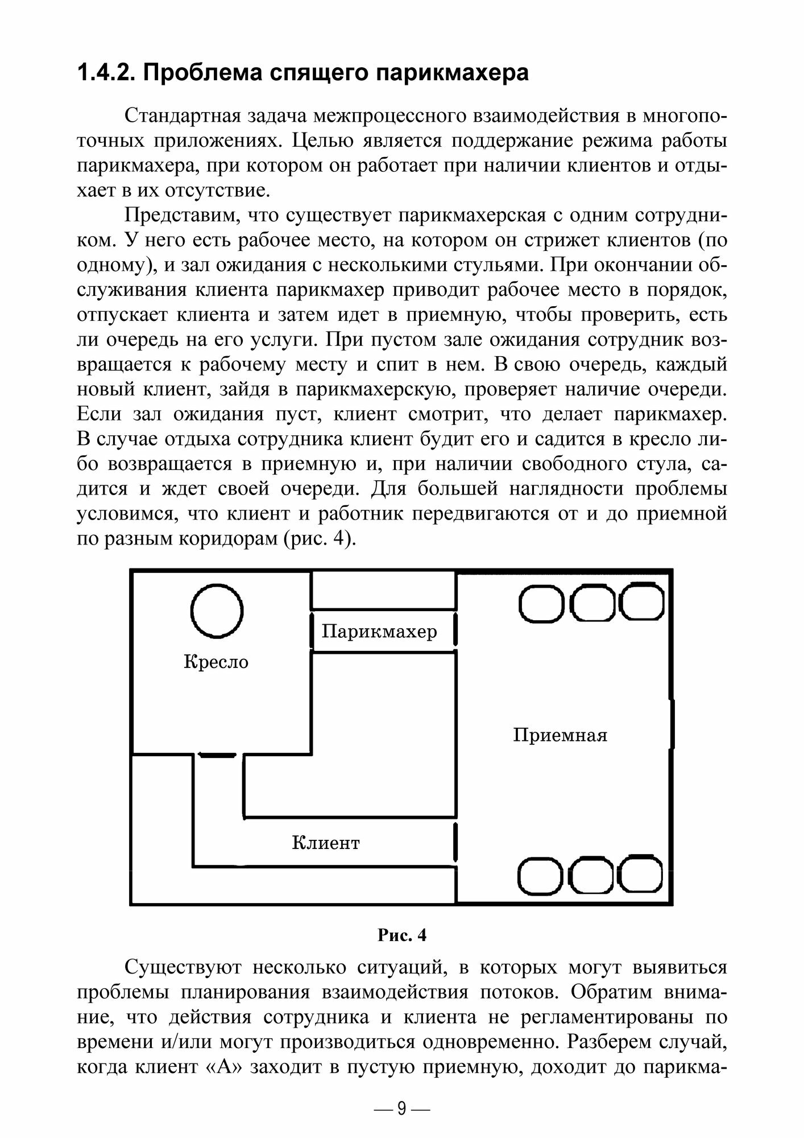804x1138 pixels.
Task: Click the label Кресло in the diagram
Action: click(216, 662)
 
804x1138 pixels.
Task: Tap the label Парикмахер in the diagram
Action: click(379, 631)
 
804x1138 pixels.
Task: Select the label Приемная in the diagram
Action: click(560, 735)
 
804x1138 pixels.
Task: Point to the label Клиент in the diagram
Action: click(326, 842)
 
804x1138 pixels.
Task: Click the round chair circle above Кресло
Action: click(217, 611)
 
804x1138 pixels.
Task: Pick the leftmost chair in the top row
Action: click(541, 605)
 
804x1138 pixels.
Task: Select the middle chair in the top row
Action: click(592, 605)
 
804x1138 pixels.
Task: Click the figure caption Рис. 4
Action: click(401, 935)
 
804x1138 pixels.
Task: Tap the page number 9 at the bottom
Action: click(402, 1108)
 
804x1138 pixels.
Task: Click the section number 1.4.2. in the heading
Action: click(105, 74)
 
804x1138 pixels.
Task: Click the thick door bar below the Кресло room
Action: click(217, 756)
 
